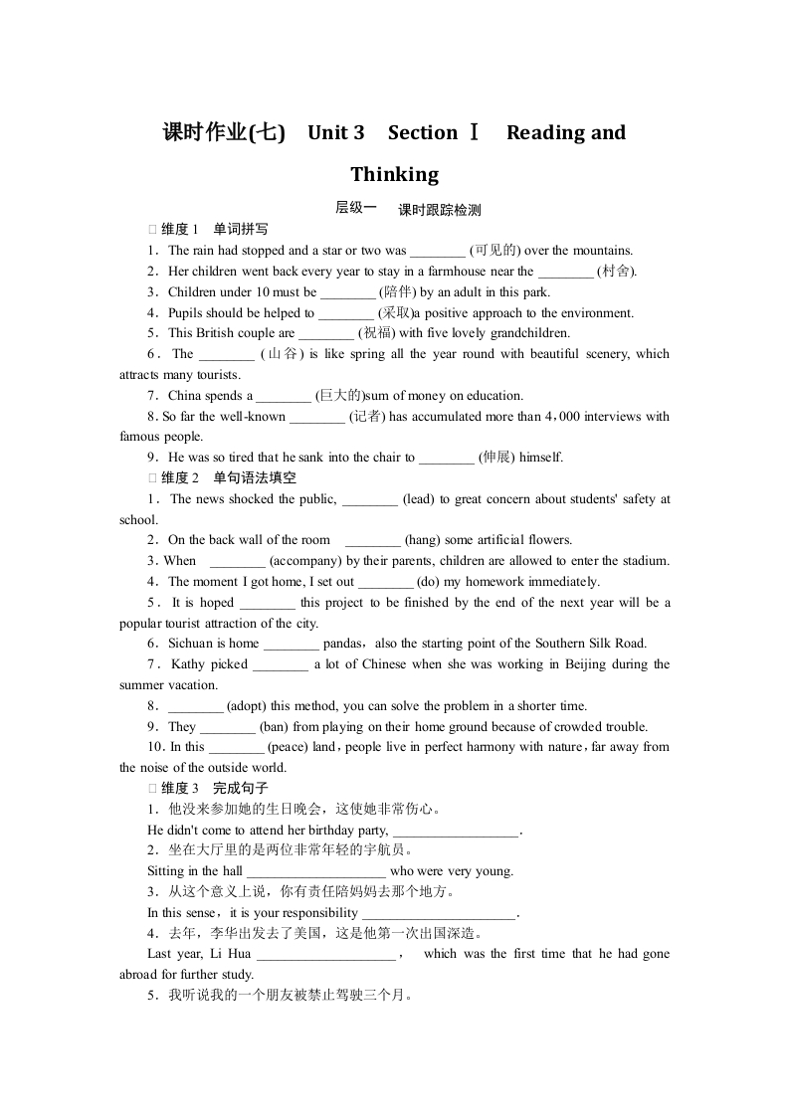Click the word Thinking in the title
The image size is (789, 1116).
tap(394, 175)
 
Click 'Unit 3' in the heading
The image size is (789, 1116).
tap(336, 133)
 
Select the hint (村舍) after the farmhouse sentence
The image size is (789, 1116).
tap(617, 272)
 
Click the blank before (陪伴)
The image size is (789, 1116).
tap(348, 292)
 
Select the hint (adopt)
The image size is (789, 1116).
tap(247, 706)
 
